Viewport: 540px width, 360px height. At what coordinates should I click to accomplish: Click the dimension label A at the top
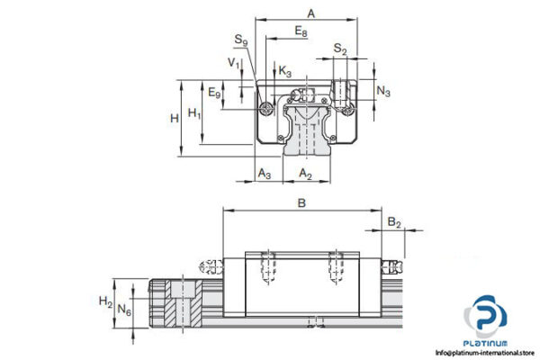[x=310, y=13]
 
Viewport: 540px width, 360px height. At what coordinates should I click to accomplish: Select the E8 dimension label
[x=301, y=31]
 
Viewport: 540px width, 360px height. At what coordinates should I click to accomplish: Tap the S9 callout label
[x=240, y=40]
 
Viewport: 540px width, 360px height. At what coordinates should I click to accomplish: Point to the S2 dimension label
[x=338, y=48]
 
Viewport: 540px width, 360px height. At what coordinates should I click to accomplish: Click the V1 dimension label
[x=233, y=63]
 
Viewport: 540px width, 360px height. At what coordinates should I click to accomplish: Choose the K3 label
[x=284, y=70]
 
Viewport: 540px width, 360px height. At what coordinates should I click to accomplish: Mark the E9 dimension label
[x=214, y=92]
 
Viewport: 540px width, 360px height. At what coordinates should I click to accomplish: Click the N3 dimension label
[x=382, y=91]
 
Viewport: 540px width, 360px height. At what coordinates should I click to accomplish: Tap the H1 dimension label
[x=194, y=113]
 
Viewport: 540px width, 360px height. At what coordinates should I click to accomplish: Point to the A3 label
[x=265, y=172]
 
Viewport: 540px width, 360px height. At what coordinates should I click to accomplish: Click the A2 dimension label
[x=306, y=172]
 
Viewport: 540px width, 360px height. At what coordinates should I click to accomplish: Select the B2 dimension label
[x=393, y=221]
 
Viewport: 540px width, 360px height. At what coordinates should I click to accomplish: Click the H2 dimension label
[x=105, y=302]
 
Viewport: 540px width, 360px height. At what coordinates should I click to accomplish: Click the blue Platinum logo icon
[x=486, y=320]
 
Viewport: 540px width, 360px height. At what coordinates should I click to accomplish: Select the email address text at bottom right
[x=485, y=353]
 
